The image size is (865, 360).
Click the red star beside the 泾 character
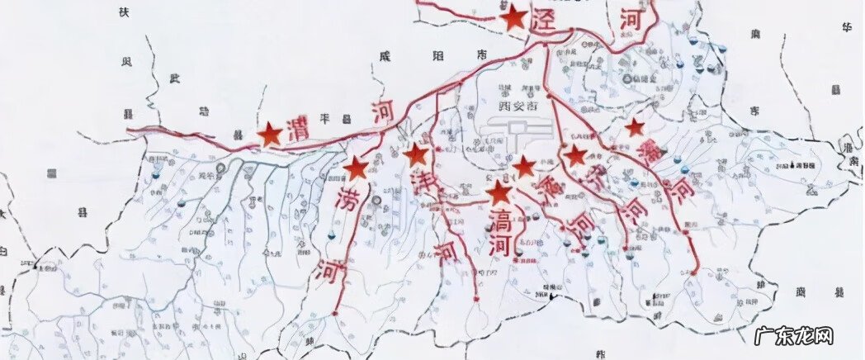[x=514, y=17]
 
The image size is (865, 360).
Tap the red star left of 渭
[x=270, y=135]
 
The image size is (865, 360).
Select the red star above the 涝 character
[x=356, y=168]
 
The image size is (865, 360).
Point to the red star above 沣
[x=416, y=154]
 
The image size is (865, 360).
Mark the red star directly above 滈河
[x=499, y=194]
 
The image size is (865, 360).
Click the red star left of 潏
[x=524, y=167]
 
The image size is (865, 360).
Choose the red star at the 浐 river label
[x=574, y=155]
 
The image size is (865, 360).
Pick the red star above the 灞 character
[x=634, y=127]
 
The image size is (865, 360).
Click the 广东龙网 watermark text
[x=794, y=336]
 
